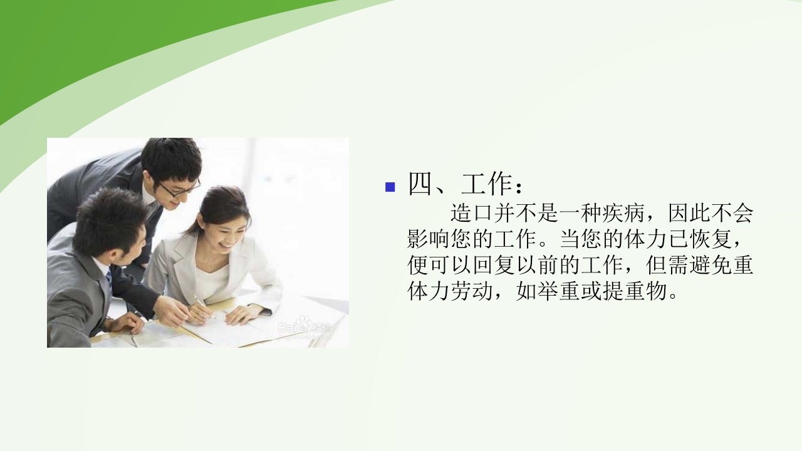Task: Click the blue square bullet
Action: (390, 187)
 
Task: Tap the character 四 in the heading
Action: (422, 185)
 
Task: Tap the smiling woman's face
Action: (224, 232)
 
